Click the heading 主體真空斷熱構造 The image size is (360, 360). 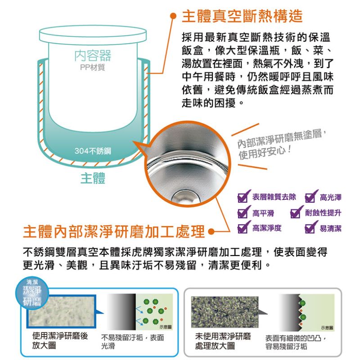pos(242,16)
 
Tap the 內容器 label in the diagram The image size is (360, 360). pos(93,55)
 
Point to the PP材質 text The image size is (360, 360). pos(93,67)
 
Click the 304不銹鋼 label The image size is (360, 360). pos(93,151)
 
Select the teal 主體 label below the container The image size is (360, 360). pos(93,178)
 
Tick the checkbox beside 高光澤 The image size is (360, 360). pos(311,197)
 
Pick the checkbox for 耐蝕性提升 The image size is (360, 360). pos(296,212)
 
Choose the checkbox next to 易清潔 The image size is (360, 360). pos(311,227)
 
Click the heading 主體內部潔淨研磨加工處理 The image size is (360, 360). pos(114,231)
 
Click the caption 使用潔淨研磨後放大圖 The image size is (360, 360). pos(60,341)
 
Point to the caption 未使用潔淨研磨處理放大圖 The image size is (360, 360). pos(223,341)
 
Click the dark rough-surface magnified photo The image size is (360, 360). pos(225,312)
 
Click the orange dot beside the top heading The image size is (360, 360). pos(173,16)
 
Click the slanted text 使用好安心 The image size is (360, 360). pos(265,153)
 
